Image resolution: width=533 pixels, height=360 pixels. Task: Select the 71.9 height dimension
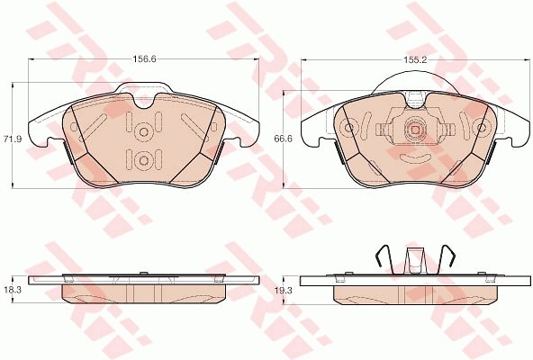[13, 139]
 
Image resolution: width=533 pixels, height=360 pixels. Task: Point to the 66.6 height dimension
[283, 139]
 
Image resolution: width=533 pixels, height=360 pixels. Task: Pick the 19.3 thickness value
[283, 290]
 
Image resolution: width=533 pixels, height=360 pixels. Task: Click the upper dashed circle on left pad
[143, 132]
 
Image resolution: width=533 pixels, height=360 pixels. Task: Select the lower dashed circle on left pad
[143, 160]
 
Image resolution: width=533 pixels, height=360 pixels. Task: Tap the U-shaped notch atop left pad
[146, 102]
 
